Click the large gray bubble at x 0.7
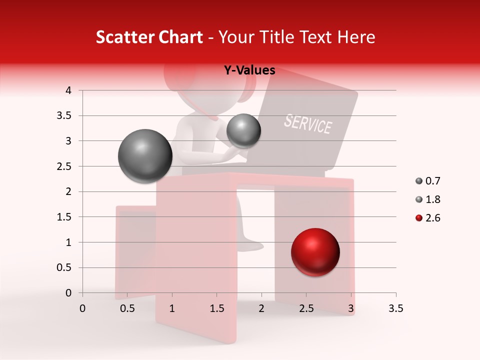click(x=145, y=156)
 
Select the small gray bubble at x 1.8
click(x=243, y=130)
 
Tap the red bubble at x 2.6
click(x=315, y=252)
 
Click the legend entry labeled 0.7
click(x=428, y=181)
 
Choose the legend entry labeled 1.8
click(x=428, y=199)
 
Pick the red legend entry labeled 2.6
click(x=428, y=218)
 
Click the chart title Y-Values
click(x=249, y=70)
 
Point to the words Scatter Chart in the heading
click(x=149, y=37)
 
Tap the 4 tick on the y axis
click(x=68, y=90)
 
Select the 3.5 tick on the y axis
click(x=65, y=116)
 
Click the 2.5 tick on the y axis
click(x=65, y=166)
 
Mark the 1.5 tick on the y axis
click(x=65, y=217)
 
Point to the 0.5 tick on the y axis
click(x=65, y=267)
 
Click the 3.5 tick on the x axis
click(x=395, y=309)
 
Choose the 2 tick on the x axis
click(x=261, y=309)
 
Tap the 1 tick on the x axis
click(x=172, y=309)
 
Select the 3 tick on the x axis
click(x=351, y=309)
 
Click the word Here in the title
click(x=355, y=37)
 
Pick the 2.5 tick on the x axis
click(x=306, y=309)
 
